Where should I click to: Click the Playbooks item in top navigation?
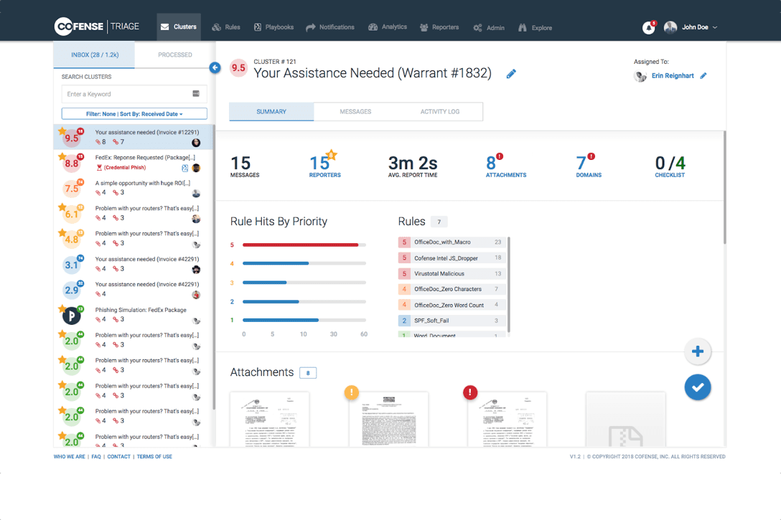tap(273, 27)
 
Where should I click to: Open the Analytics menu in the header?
tap(388, 27)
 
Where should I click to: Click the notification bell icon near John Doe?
tap(648, 27)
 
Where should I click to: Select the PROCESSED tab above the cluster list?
tap(174, 55)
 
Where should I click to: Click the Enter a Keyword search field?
tap(126, 94)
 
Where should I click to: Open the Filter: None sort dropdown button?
tap(134, 114)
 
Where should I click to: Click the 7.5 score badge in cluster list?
tap(72, 189)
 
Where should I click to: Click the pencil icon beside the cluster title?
tap(511, 74)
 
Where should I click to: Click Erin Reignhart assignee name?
tap(672, 76)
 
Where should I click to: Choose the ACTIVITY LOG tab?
tap(439, 112)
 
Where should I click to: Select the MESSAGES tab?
tap(355, 112)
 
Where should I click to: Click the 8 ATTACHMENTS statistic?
tap(505, 166)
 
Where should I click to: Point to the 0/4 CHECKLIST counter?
tap(670, 166)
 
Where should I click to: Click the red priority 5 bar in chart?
tap(300, 245)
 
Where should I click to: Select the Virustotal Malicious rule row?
tap(452, 273)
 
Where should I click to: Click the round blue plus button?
tap(697, 351)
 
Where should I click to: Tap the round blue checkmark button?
tap(697, 387)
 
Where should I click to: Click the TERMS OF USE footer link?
tap(154, 456)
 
